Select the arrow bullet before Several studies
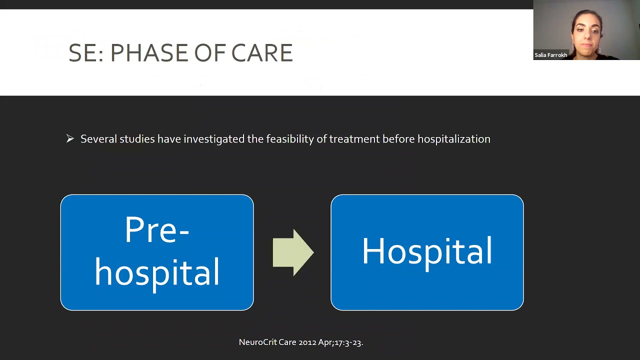click(70, 138)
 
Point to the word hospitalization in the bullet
click(453, 139)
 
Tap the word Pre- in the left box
click(156, 230)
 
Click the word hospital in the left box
click(157, 272)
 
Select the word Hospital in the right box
click(427, 251)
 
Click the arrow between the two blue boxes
click(293, 252)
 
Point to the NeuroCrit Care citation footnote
click(300, 342)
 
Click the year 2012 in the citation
click(307, 342)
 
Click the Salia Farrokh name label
click(550, 55)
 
